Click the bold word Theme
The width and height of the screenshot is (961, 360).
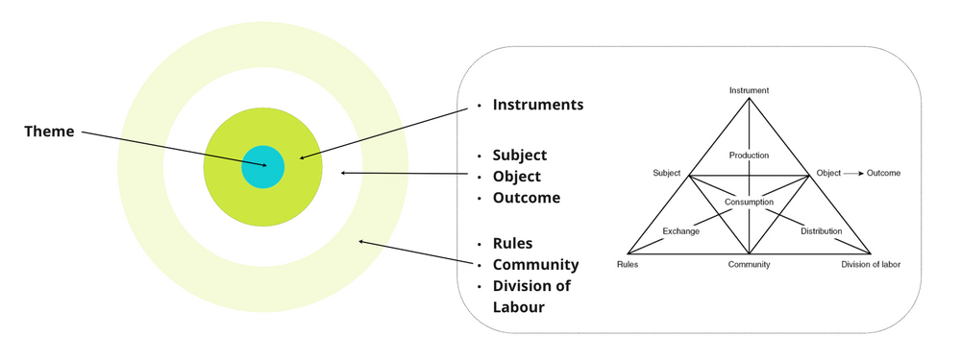pyautogui.click(x=49, y=132)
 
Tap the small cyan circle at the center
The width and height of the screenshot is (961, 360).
pyautogui.click(x=262, y=167)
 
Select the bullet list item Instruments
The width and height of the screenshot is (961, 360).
pyautogui.click(x=537, y=105)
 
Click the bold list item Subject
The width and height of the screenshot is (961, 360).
pyautogui.click(x=519, y=155)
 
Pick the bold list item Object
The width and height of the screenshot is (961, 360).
pyautogui.click(x=516, y=177)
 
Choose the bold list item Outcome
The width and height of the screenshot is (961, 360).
pyautogui.click(x=526, y=198)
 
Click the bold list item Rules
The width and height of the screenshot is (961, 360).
pyautogui.click(x=512, y=243)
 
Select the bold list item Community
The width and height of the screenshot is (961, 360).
pyautogui.click(x=535, y=264)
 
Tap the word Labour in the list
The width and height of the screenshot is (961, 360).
pyautogui.click(x=518, y=307)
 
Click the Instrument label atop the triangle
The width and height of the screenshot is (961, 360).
pyautogui.click(x=749, y=90)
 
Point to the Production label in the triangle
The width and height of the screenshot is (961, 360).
pyautogui.click(x=749, y=155)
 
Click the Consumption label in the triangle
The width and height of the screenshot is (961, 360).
pyautogui.click(x=749, y=202)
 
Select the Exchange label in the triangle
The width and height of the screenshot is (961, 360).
pyautogui.click(x=680, y=231)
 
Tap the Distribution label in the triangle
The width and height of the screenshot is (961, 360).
pyautogui.click(x=821, y=231)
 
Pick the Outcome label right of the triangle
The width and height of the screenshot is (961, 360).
pyautogui.click(x=883, y=173)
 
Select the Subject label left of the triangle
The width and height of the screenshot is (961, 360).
pyautogui.click(x=666, y=173)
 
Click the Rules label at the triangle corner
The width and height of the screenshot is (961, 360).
pyautogui.click(x=627, y=264)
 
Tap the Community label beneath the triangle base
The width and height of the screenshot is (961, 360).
pyautogui.click(x=749, y=264)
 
